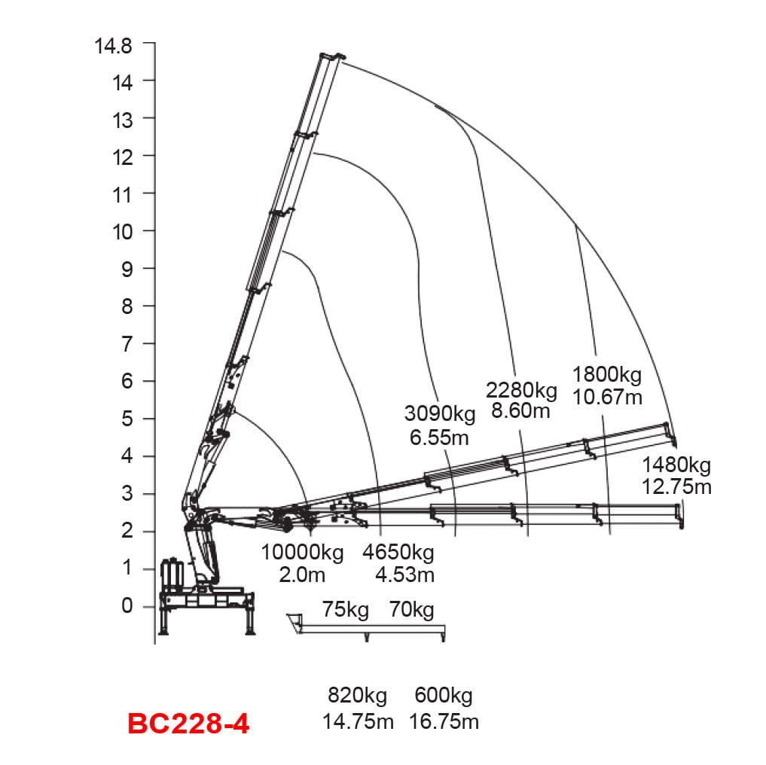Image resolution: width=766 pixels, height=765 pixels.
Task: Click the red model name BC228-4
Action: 188,724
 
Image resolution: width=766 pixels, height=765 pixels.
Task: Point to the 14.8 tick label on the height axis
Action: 113,46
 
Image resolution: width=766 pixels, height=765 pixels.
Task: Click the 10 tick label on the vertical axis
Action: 123,232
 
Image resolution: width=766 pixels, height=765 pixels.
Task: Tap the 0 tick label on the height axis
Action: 127,605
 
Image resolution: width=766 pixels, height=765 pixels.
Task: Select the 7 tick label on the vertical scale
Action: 127,344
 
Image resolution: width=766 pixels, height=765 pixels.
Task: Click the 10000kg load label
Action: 302,553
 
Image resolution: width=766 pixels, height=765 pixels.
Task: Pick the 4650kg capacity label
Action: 398,553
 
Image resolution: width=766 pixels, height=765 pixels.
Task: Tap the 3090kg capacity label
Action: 440,414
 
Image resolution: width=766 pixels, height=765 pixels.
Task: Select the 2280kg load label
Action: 521,390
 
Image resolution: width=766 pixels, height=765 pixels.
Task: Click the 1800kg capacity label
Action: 607,375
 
